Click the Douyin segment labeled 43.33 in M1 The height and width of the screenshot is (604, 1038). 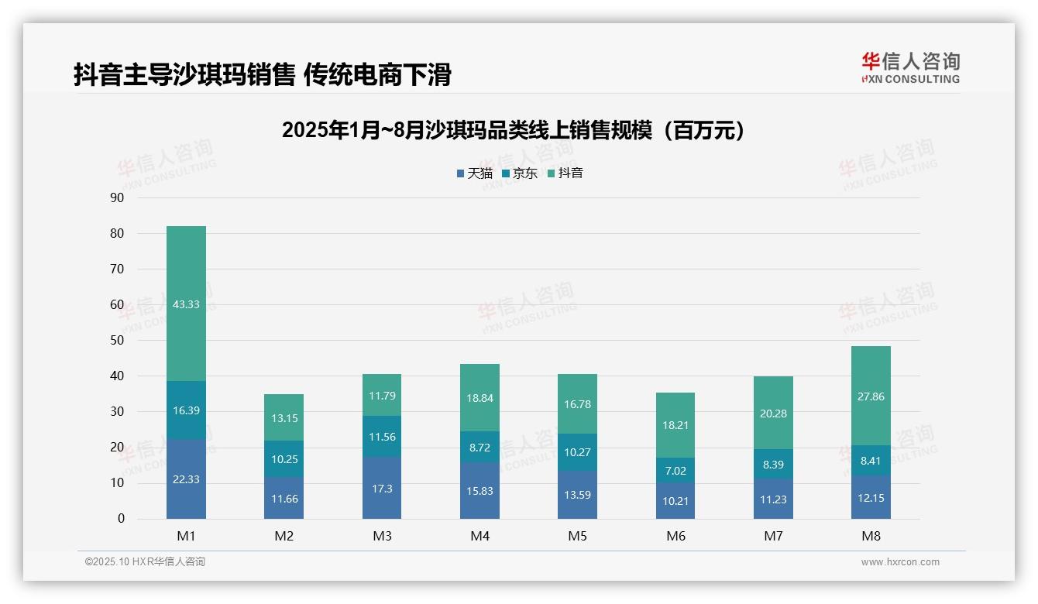click(186, 304)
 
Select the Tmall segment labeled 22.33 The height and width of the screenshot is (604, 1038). click(186, 479)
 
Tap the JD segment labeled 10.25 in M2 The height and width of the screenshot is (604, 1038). click(284, 458)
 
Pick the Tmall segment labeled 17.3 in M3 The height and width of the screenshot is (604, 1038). click(382, 488)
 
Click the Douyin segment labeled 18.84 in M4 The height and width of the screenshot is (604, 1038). click(479, 397)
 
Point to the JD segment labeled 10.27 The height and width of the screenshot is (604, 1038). click(577, 452)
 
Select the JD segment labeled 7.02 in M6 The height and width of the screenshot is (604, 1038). click(675, 470)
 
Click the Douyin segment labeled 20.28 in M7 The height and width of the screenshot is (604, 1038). click(773, 413)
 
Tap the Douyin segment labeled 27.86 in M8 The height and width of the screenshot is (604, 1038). click(871, 396)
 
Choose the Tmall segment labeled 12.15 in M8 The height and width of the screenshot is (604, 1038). click(871, 496)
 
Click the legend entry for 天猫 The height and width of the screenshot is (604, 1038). click(474, 173)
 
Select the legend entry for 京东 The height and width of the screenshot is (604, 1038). click(519, 173)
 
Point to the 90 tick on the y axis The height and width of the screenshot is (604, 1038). click(117, 197)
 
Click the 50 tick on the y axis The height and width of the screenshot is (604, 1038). click(117, 340)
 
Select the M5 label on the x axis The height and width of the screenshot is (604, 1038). click(577, 536)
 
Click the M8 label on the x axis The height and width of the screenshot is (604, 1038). click(871, 536)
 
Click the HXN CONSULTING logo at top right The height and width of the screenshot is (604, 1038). click(910, 67)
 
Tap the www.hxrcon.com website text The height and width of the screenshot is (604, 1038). click(900, 562)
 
